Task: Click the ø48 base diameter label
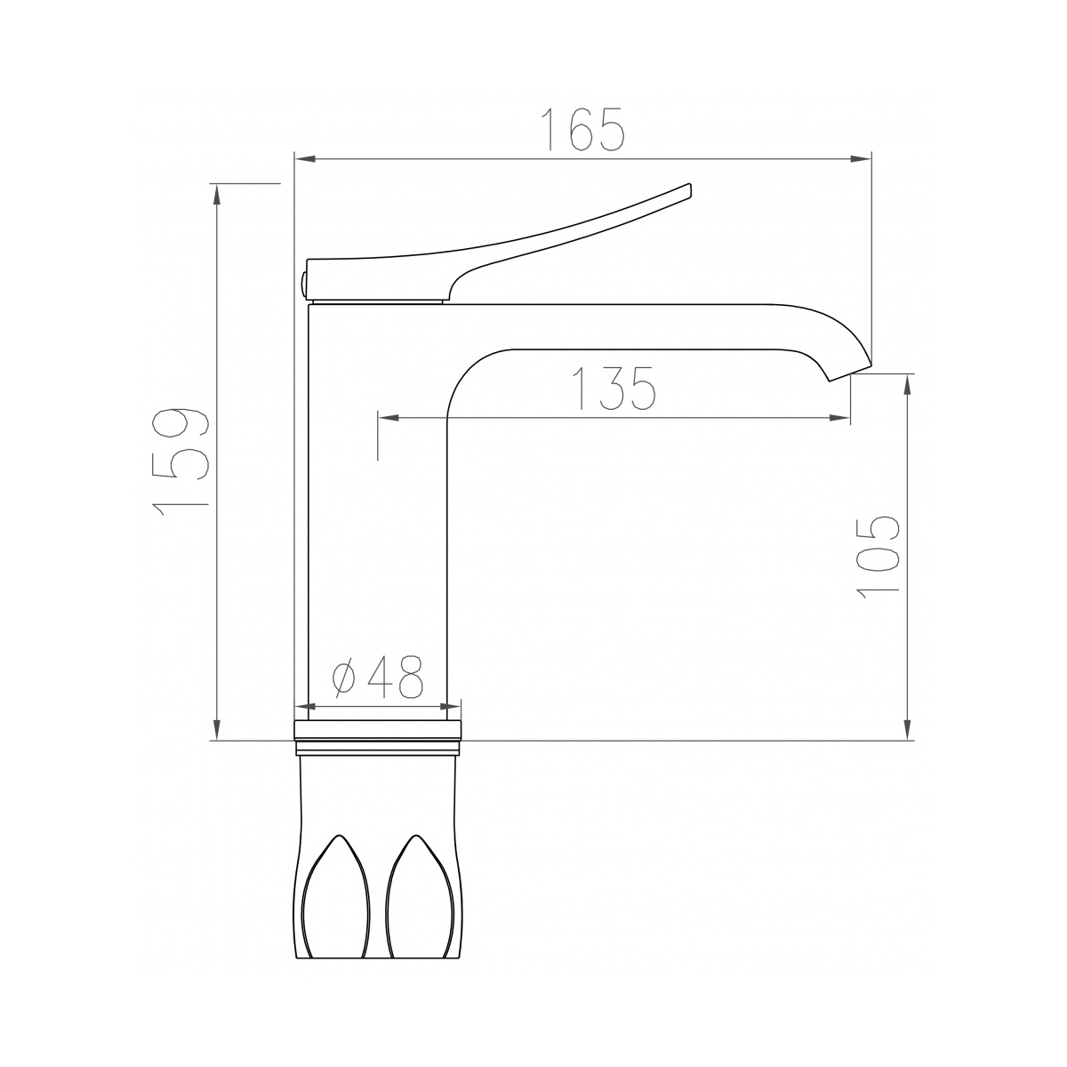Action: click(377, 676)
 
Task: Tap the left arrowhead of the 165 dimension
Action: click(305, 159)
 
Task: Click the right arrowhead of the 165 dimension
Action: click(861, 159)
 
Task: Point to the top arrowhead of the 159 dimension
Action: click(217, 195)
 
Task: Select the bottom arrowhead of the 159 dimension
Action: click(217, 729)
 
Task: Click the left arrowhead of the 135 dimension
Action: click(388, 418)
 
